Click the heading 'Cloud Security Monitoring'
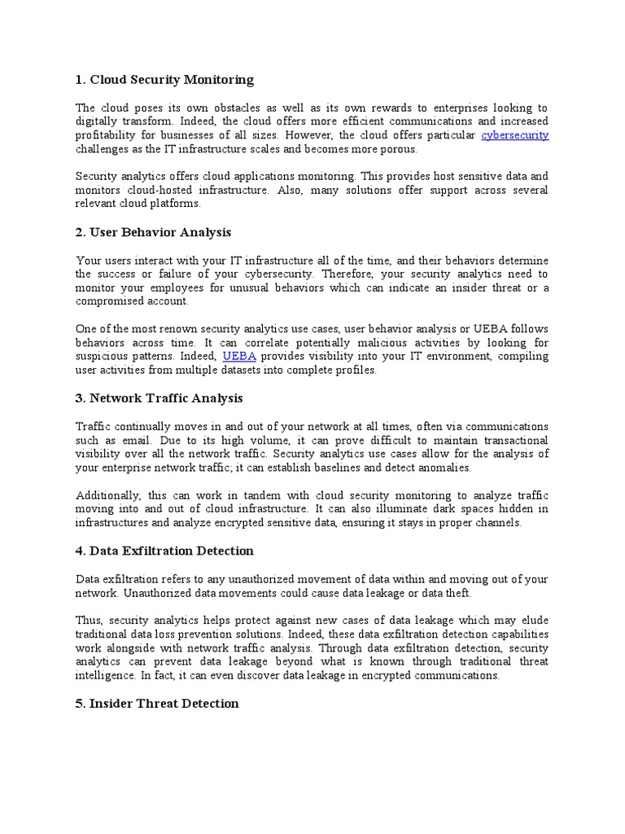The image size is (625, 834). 164,80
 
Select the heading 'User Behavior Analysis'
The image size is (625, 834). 153,233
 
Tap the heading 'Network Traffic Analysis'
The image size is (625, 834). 159,398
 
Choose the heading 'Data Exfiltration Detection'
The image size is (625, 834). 164,551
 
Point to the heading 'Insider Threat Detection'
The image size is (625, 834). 157,704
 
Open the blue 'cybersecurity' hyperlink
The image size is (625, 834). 514,135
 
